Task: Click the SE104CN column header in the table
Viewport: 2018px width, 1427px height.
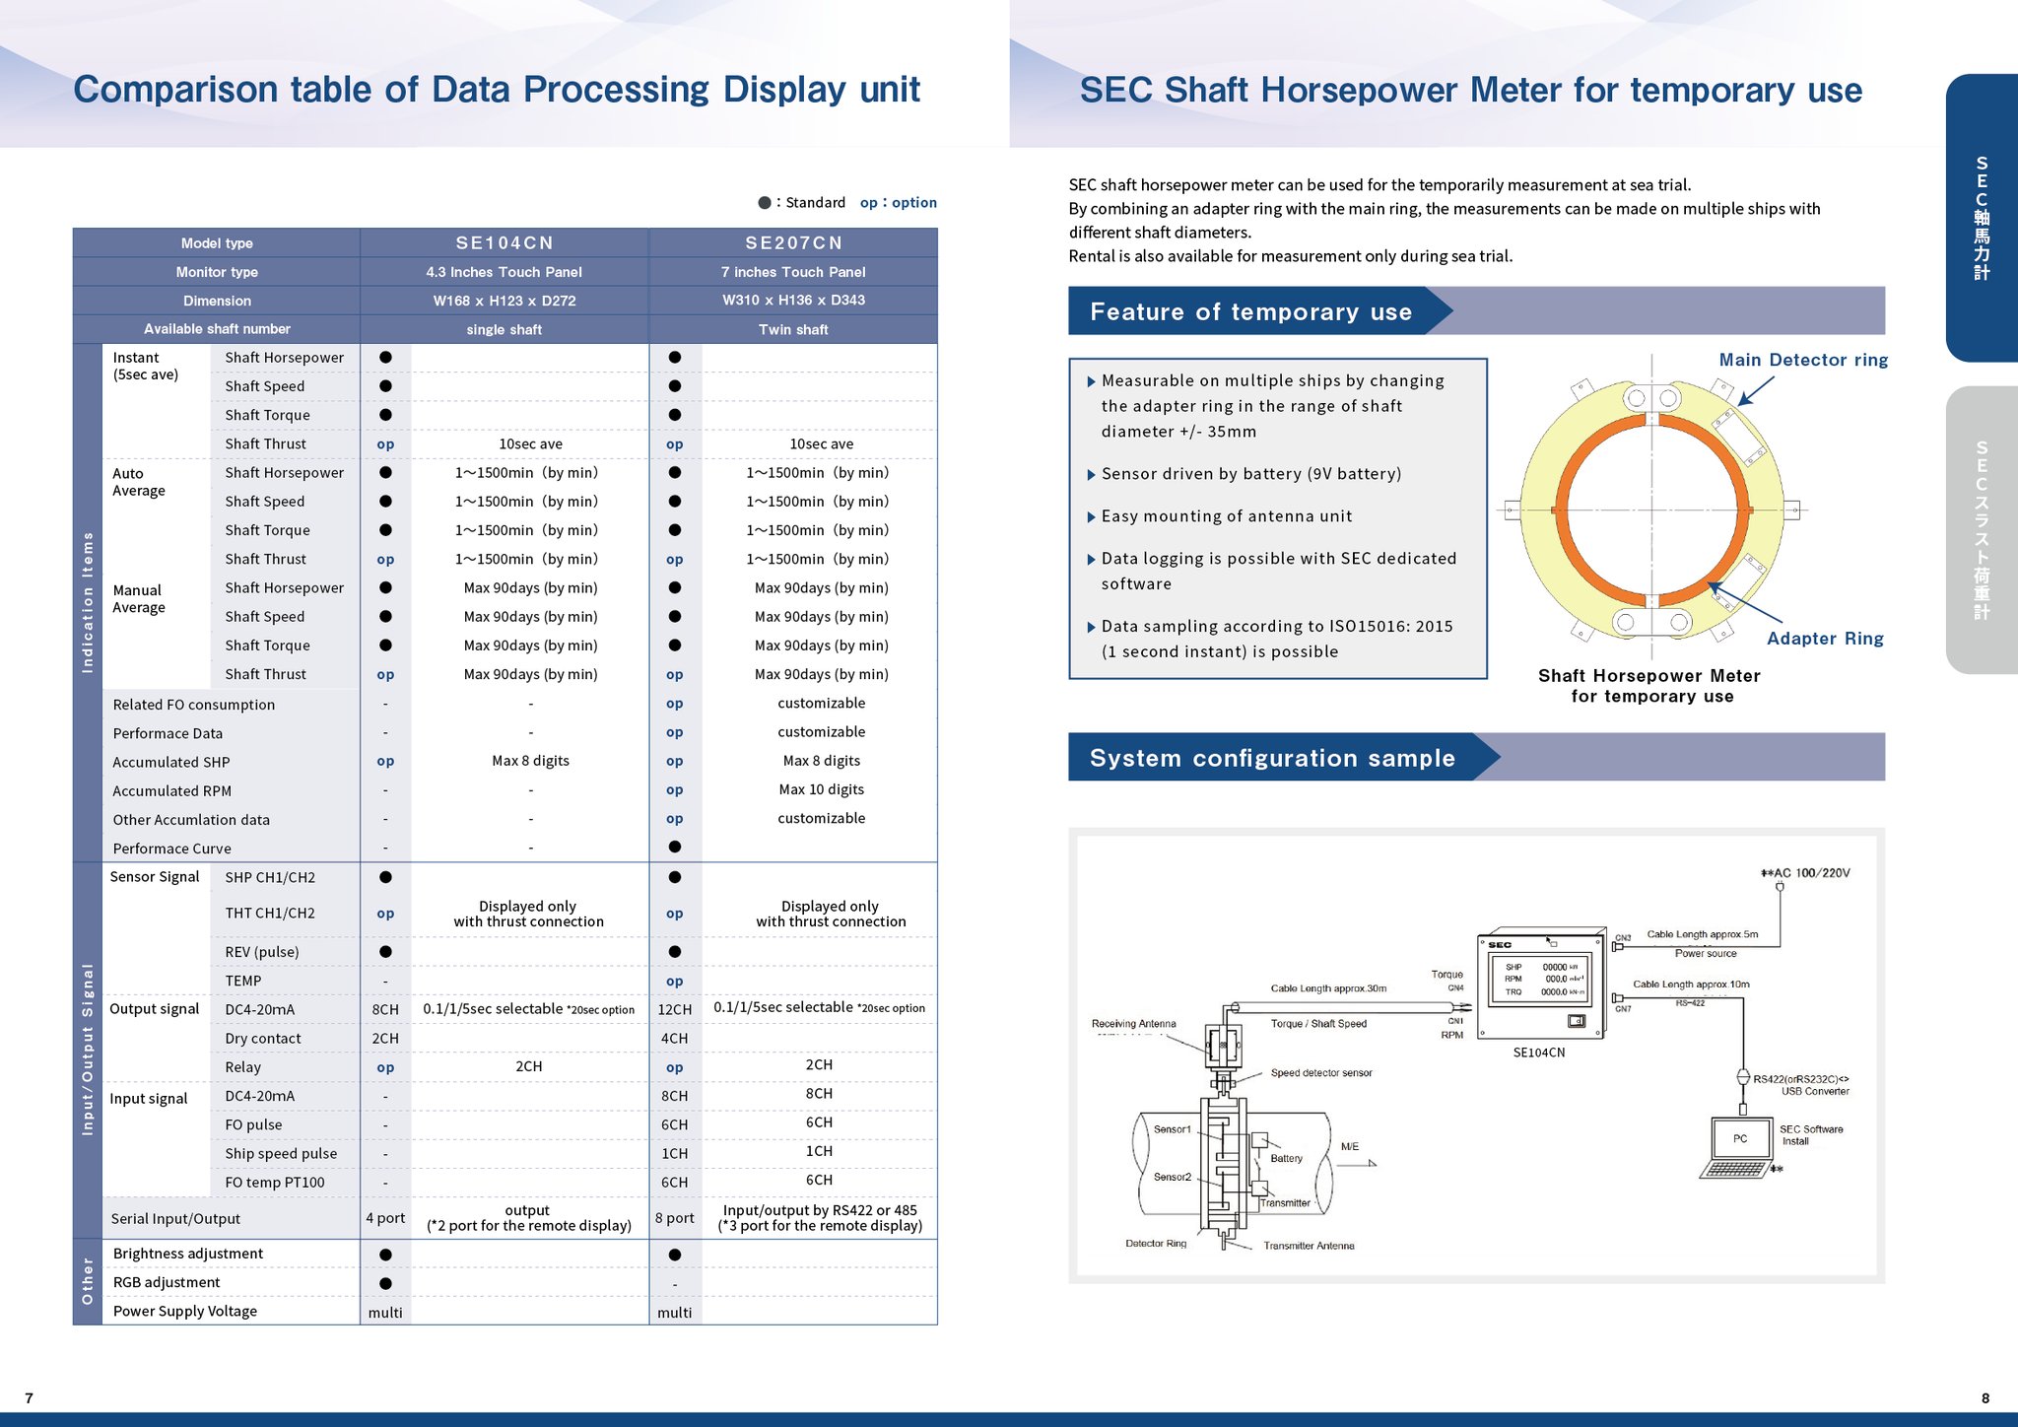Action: [504, 242]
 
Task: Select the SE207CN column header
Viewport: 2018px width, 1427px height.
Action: [793, 242]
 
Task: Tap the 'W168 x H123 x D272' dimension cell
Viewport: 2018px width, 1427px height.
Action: [504, 301]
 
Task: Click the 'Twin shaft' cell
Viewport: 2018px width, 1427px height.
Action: [793, 329]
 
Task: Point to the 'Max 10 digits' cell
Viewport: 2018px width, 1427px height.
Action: [821, 789]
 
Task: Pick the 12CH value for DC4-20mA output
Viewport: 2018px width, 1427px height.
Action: [675, 1009]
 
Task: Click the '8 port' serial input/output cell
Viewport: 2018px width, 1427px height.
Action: [675, 1218]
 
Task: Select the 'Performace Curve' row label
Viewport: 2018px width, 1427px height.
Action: [172, 849]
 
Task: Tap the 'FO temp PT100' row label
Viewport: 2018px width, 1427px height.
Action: [274, 1183]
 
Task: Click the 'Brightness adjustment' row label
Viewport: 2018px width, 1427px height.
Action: [188, 1254]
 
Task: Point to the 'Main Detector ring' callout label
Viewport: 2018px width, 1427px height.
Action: [1803, 360]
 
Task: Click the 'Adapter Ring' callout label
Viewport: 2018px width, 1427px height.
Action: [1825, 639]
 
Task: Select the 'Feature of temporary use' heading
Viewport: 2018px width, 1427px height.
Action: [1250, 312]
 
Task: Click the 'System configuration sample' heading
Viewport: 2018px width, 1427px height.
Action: [1272, 758]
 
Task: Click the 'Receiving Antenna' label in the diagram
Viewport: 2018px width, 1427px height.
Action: [1133, 1024]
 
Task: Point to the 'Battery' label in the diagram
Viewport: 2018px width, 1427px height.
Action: [1286, 1158]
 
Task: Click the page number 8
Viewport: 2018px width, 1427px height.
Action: [1985, 1397]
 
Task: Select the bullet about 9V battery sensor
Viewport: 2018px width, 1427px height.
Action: [1250, 474]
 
